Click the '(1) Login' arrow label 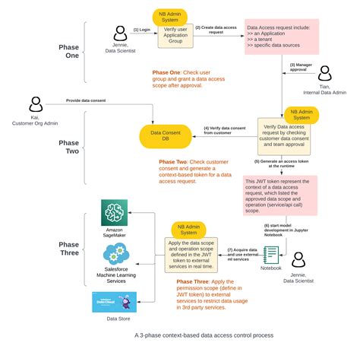coord(141,30)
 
